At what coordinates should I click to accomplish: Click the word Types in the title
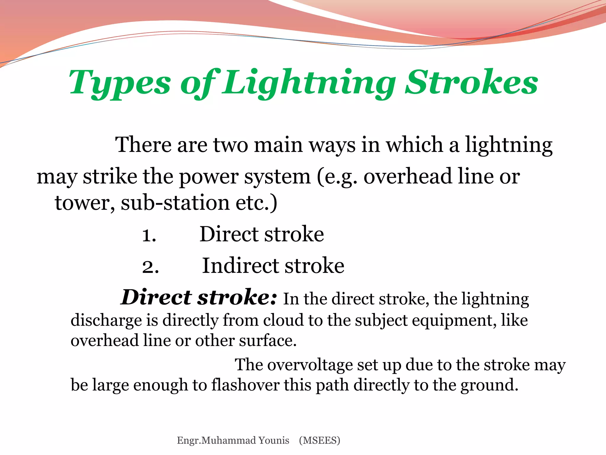(120, 83)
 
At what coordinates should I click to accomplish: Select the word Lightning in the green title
(309, 83)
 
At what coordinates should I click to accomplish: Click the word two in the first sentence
(231, 145)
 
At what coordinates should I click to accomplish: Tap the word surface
(267, 341)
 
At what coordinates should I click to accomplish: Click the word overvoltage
(310, 365)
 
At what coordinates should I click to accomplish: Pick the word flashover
(245, 385)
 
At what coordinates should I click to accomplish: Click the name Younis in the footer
(274, 440)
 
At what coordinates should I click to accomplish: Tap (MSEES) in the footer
(320, 440)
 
